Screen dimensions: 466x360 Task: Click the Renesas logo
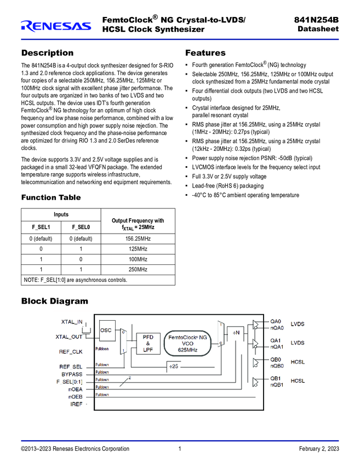point(56,25)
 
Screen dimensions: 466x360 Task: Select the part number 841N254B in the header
point(317,20)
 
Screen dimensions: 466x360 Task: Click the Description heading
point(47,53)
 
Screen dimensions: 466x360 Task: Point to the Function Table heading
point(50,197)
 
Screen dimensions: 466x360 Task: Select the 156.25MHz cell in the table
point(138,238)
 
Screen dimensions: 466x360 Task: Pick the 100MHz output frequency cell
point(138,259)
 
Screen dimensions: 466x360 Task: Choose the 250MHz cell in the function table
point(138,270)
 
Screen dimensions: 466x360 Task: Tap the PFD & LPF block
point(148,343)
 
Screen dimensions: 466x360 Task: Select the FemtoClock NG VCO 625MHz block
point(188,344)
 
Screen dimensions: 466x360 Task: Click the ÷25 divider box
point(173,366)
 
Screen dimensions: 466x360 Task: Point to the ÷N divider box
point(237,332)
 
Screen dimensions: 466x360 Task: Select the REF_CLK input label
point(71,352)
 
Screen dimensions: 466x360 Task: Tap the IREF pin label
point(76,404)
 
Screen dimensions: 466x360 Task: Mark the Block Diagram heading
point(54,301)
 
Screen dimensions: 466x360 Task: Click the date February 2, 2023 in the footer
point(319,449)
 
